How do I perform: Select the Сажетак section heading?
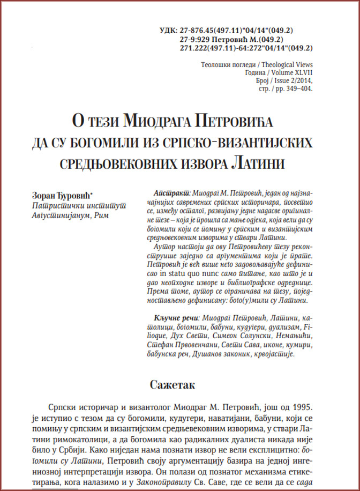[x=179, y=384]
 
